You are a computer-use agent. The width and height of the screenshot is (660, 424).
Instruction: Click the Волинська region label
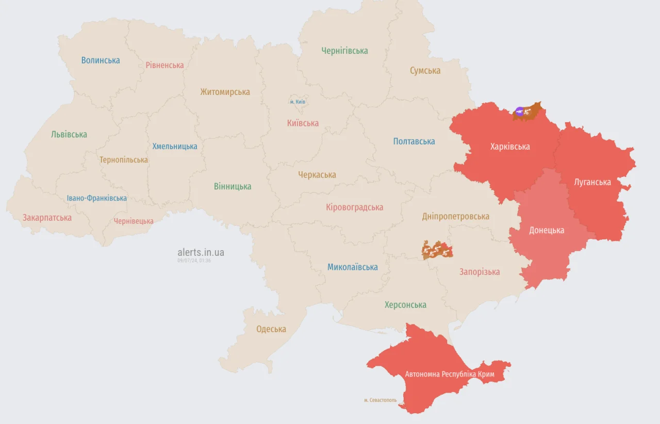click(x=101, y=60)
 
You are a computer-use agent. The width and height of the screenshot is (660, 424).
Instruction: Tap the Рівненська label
click(x=164, y=65)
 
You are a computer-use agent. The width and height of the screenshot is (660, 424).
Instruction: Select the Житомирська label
click(x=225, y=92)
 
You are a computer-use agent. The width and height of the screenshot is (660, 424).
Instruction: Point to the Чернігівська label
click(x=344, y=51)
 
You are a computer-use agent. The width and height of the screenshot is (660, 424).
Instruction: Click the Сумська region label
click(x=425, y=71)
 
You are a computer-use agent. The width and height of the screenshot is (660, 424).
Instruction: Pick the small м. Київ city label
click(x=298, y=102)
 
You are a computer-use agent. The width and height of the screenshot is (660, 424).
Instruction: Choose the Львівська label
click(x=69, y=134)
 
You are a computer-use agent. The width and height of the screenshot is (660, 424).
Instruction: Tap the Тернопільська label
click(x=124, y=160)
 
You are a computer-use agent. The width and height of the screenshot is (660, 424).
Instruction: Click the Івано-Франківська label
click(x=97, y=198)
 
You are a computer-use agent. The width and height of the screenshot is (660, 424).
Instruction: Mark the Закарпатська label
click(x=47, y=218)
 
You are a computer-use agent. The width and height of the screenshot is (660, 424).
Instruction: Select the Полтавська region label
click(x=414, y=141)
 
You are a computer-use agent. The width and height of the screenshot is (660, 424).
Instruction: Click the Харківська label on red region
click(x=509, y=146)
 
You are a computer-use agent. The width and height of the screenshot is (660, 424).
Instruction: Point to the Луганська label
click(x=592, y=182)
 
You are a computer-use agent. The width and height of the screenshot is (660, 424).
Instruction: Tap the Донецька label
click(x=547, y=230)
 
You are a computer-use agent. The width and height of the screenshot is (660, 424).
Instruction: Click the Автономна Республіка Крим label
click(x=450, y=374)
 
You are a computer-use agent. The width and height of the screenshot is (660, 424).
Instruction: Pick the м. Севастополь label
click(x=380, y=400)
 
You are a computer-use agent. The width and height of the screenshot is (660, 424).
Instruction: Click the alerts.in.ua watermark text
click(x=201, y=252)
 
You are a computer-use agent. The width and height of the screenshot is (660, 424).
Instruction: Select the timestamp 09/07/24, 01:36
click(x=194, y=260)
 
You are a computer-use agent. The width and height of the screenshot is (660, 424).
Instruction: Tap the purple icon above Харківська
click(x=519, y=110)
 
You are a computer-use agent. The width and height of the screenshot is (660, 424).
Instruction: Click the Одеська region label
click(x=271, y=329)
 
